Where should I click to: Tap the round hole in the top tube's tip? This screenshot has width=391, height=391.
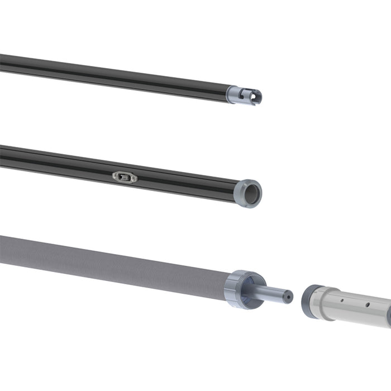(x=254, y=97)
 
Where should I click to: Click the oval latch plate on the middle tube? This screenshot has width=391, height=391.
(x=125, y=178)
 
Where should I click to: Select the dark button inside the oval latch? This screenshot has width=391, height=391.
(x=127, y=178)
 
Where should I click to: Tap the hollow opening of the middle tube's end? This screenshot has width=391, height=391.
(x=252, y=194)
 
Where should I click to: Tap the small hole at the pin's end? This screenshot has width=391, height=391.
(x=288, y=297)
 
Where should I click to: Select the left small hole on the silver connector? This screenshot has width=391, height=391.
(x=341, y=301)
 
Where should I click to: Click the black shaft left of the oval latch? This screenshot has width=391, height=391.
(x=56, y=162)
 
